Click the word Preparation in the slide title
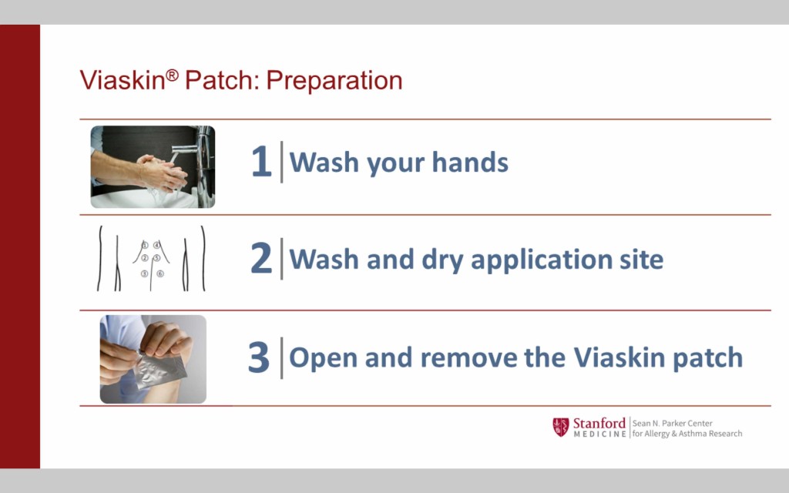(334, 81)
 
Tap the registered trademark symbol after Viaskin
(172, 75)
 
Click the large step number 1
(261, 162)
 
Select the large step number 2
(260, 258)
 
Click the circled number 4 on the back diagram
(157, 245)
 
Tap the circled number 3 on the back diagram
(144, 273)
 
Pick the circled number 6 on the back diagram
(160, 273)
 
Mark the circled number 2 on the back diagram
(144, 258)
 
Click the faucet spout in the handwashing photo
(184, 149)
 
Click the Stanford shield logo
(561, 427)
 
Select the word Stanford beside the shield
(599, 423)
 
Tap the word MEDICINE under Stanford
(599, 434)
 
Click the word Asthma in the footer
(693, 434)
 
